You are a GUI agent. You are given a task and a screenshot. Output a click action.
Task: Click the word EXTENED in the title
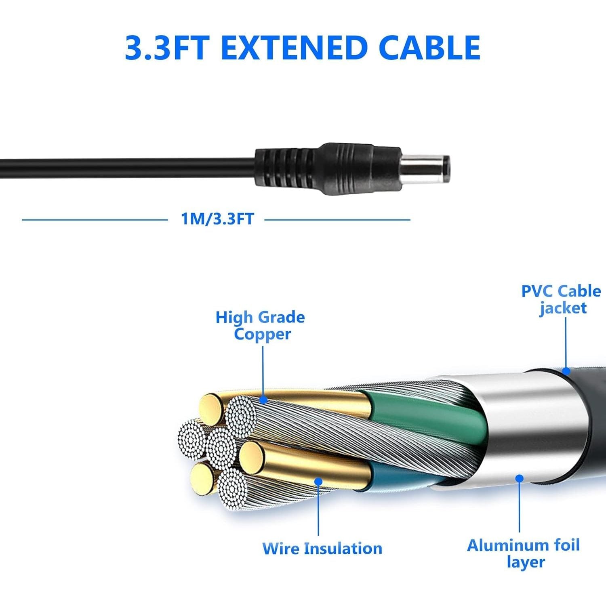click(x=296, y=48)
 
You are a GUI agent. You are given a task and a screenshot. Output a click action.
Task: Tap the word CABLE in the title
click(x=430, y=48)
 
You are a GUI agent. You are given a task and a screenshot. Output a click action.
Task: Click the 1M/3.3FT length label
click(x=217, y=219)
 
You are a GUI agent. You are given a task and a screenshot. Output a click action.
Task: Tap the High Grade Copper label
click(x=261, y=326)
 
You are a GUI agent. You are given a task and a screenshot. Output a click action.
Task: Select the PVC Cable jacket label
click(x=561, y=299)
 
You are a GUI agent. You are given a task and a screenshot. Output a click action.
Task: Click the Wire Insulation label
click(x=322, y=549)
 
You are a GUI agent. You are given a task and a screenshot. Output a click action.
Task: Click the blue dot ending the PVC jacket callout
click(x=566, y=370)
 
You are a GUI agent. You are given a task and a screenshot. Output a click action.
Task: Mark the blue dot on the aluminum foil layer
click(x=520, y=478)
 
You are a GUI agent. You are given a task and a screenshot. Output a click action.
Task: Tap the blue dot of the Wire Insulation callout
click(x=318, y=481)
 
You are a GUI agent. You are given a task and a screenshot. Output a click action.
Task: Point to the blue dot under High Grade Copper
click(x=263, y=400)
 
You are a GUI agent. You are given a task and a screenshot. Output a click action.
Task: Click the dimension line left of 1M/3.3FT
click(x=95, y=220)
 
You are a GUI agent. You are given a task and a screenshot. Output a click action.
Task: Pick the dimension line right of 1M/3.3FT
click(x=337, y=220)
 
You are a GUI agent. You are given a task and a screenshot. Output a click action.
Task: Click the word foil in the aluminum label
click(x=566, y=545)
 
